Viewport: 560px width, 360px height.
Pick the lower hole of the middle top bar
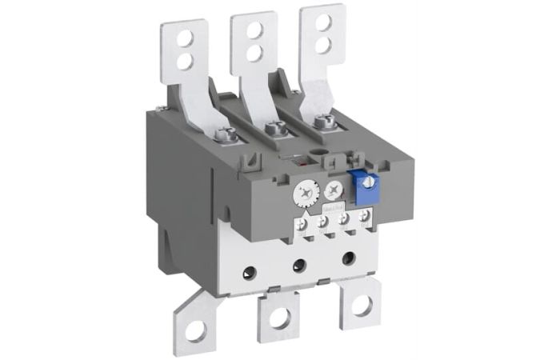[254, 51]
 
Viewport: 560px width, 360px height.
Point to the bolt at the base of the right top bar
[322, 122]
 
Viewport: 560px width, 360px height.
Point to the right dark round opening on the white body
[349, 258]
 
